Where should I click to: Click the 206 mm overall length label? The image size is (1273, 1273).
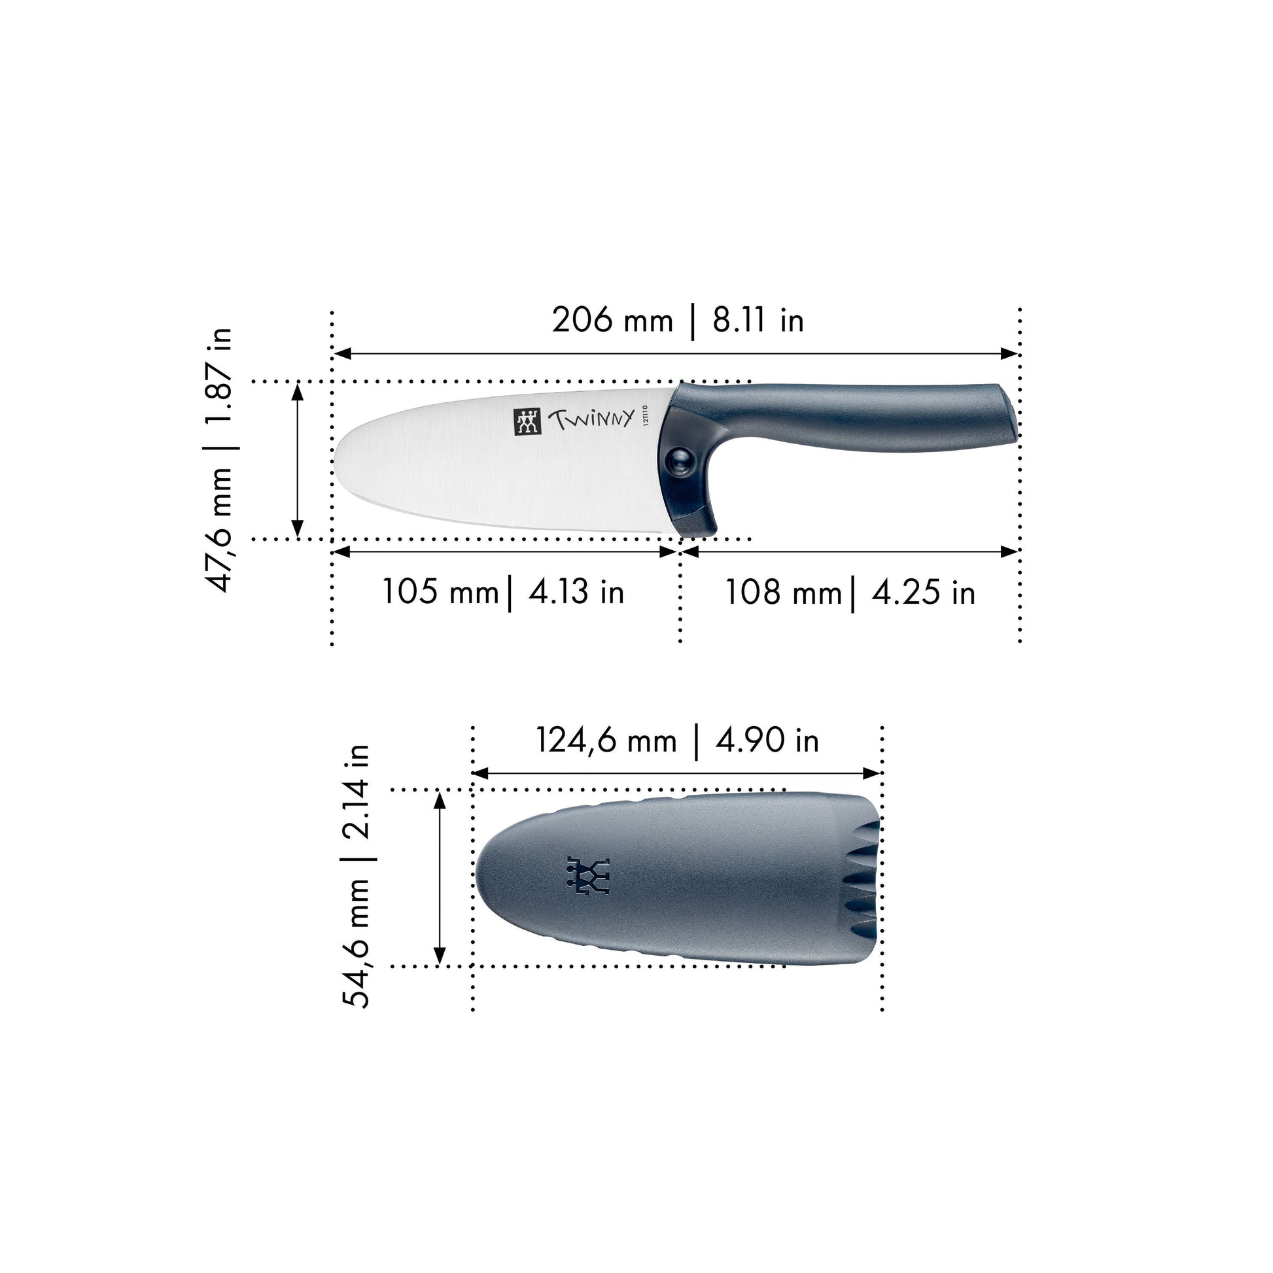[x=612, y=321]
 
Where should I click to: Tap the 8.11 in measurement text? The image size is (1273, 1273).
[x=758, y=321]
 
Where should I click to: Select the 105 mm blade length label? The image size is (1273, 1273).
[x=440, y=592]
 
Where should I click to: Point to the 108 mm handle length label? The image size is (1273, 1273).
[x=783, y=593]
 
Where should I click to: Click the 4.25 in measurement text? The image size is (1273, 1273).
[x=922, y=593]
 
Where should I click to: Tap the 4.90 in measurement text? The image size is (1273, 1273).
[x=767, y=740]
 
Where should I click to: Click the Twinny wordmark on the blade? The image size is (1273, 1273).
[x=591, y=419]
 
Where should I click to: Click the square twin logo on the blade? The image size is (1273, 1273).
[x=527, y=422]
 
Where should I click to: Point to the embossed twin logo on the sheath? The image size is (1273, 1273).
[x=588, y=877]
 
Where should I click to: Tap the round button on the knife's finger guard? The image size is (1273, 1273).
[x=678, y=461]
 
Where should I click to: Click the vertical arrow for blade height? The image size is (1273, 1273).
[x=297, y=460]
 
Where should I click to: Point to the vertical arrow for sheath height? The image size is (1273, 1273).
[x=440, y=878]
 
